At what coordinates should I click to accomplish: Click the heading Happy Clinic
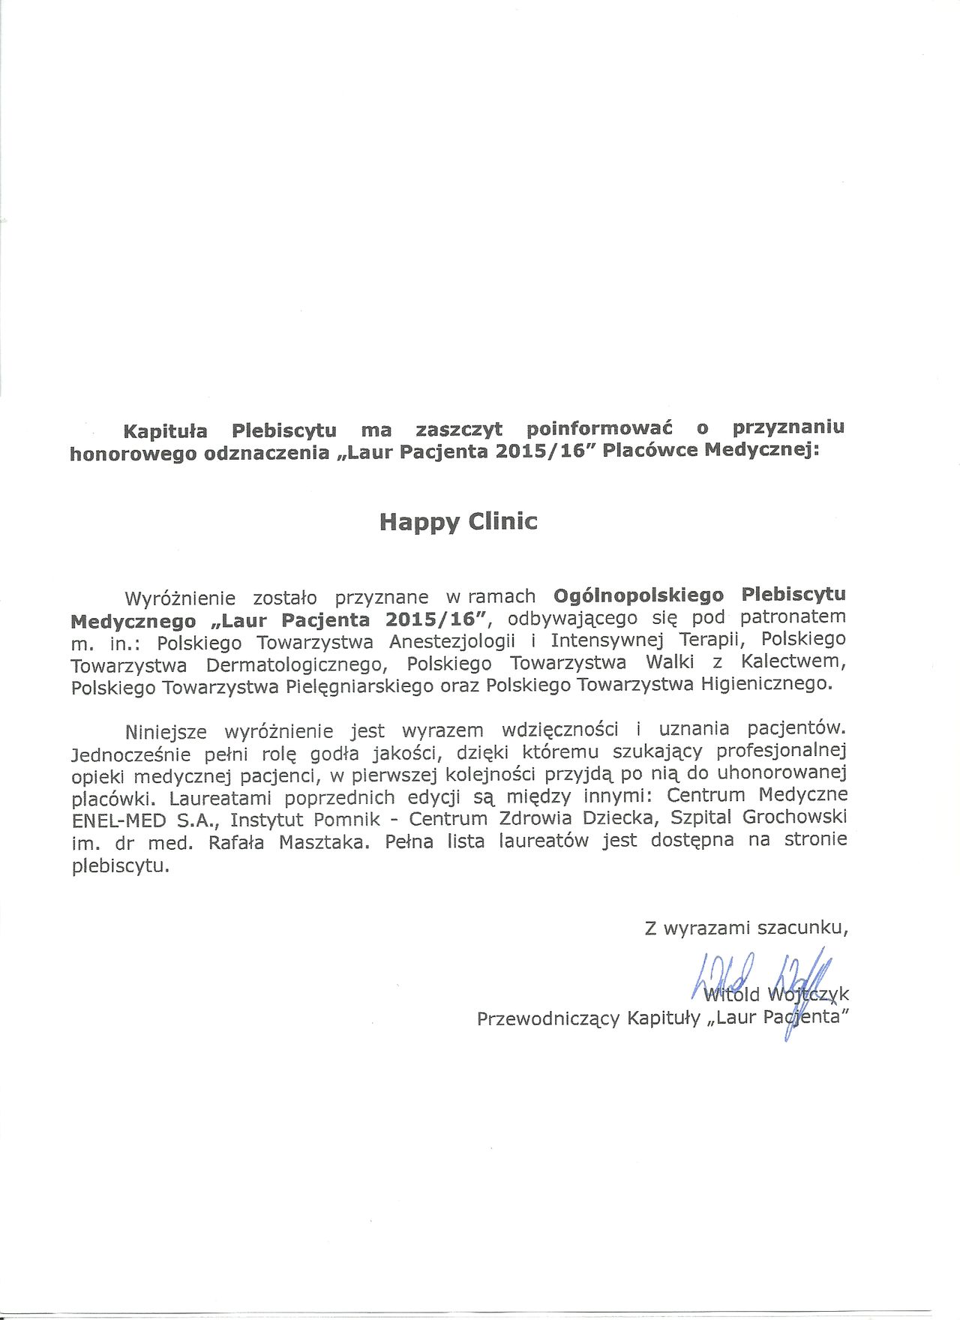[x=458, y=522]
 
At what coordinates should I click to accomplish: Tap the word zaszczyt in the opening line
[x=459, y=430]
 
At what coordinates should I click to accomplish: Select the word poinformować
[x=599, y=428]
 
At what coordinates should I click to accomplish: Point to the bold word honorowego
[x=133, y=454]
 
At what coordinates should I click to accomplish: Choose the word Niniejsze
[x=166, y=732]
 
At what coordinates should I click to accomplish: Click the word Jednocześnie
[x=132, y=755]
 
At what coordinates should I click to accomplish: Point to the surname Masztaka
[x=324, y=843]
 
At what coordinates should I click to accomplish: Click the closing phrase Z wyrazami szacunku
[x=746, y=928]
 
